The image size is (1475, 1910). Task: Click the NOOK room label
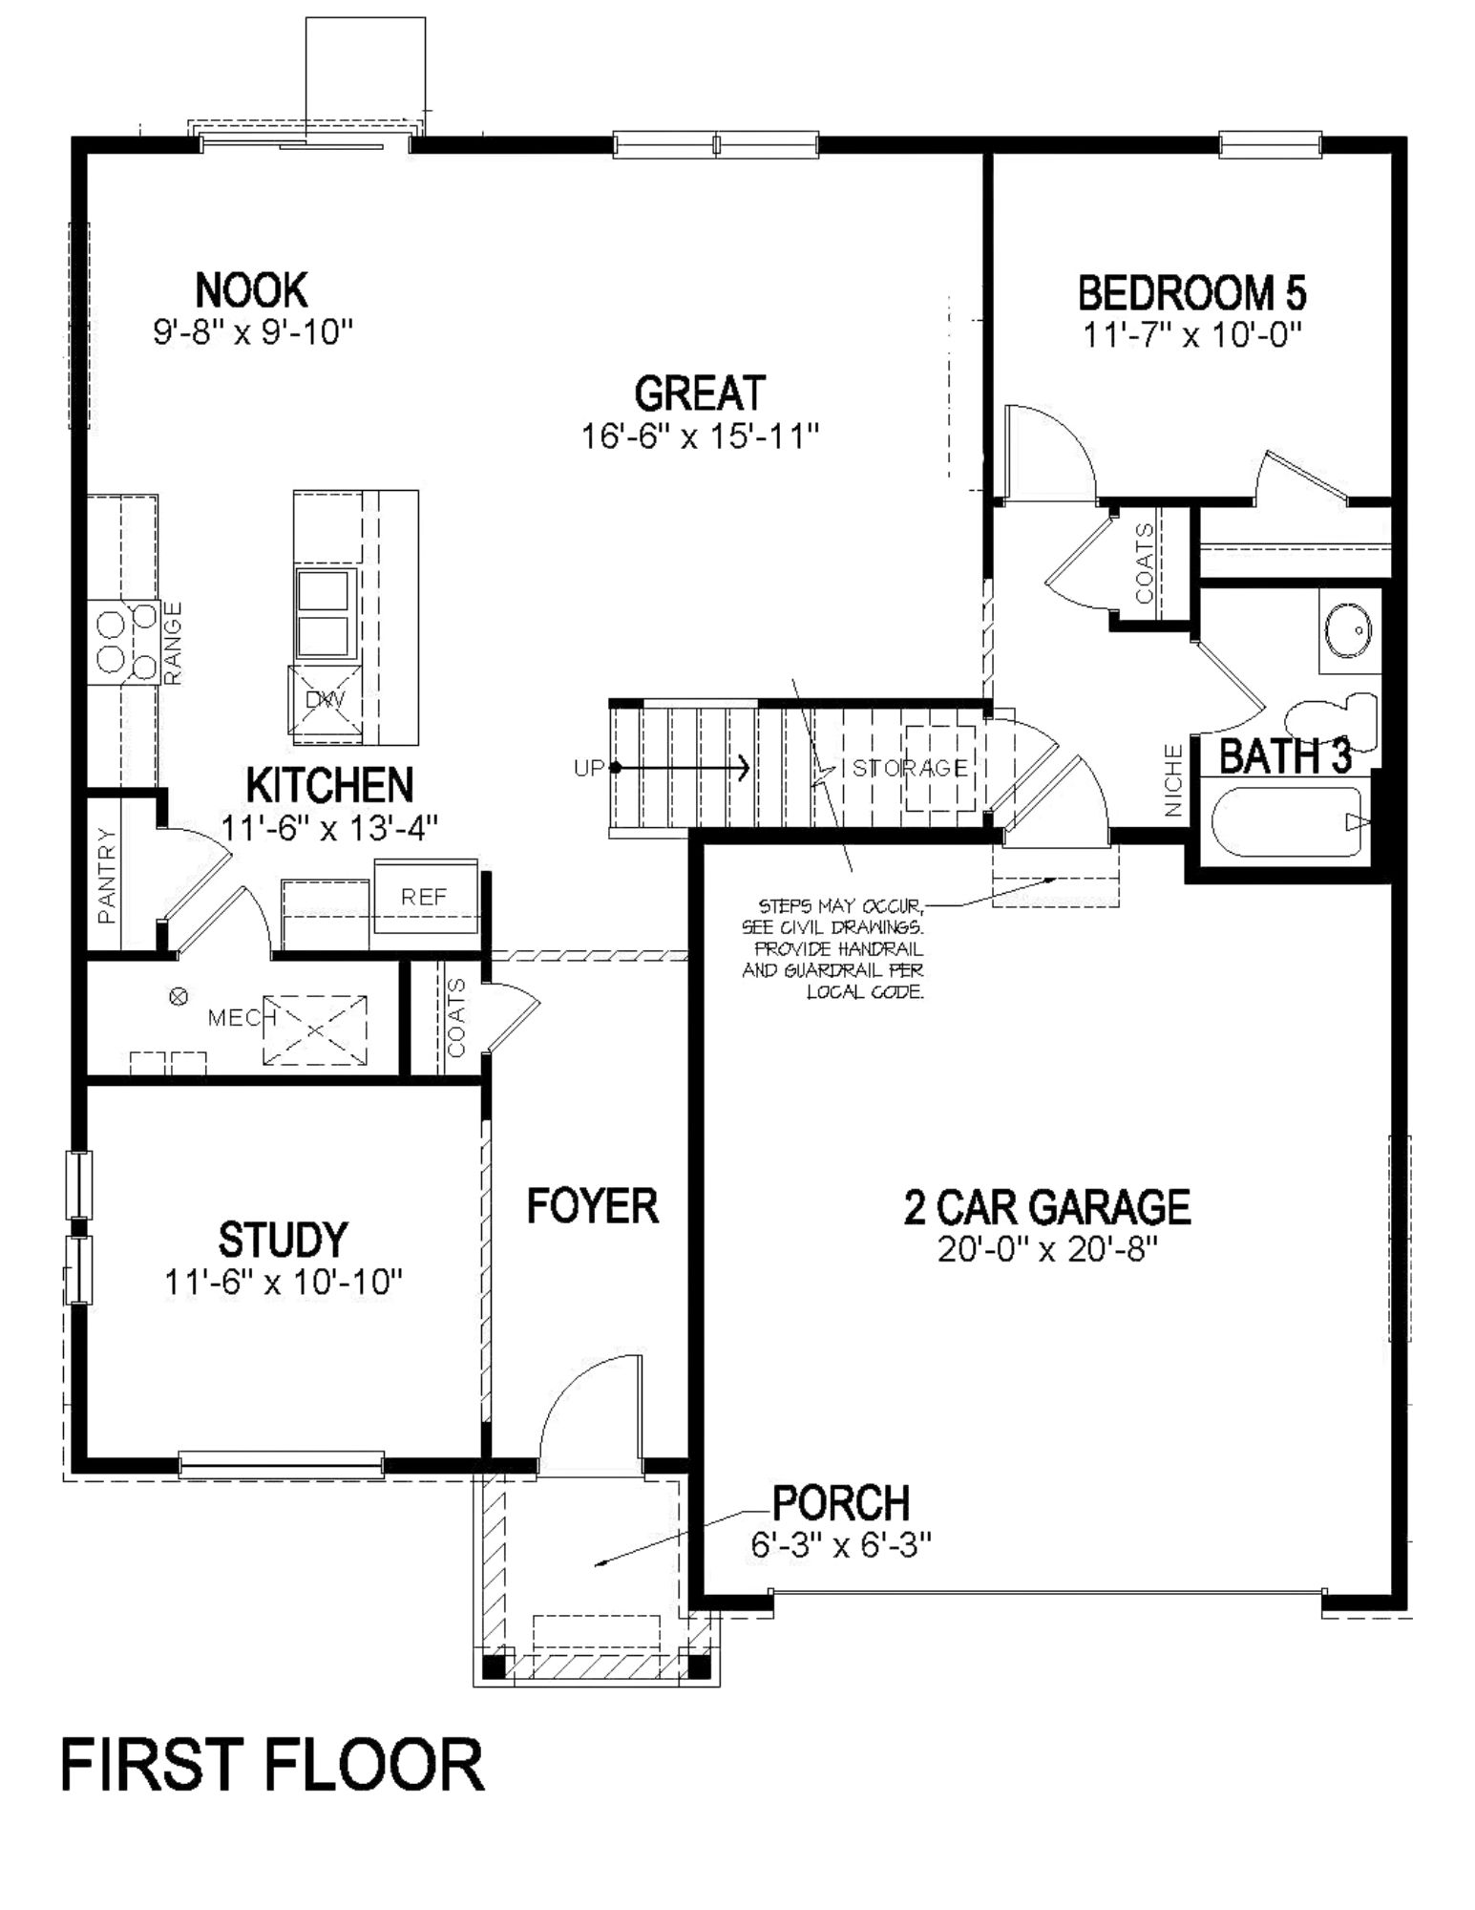click(x=252, y=289)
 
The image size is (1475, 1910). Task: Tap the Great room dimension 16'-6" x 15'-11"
click(x=701, y=436)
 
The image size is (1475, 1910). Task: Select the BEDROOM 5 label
click(x=1191, y=293)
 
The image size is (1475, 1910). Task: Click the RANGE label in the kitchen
click(x=173, y=643)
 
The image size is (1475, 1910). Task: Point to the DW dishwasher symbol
click(x=325, y=701)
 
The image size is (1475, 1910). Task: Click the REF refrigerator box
click(x=424, y=897)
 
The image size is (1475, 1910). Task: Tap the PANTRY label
click(x=107, y=876)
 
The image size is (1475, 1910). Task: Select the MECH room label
click(x=235, y=1018)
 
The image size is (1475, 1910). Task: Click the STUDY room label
click(x=283, y=1240)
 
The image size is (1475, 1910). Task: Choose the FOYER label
click(x=592, y=1206)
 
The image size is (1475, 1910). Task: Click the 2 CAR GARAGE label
click(x=1047, y=1207)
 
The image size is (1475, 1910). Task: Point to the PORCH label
click(x=841, y=1503)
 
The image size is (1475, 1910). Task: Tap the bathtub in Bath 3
click(x=1284, y=821)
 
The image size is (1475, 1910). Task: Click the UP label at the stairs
click(x=588, y=767)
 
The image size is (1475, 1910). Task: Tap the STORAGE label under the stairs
click(x=909, y=768)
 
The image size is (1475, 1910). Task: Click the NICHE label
click(x=1173, y=781)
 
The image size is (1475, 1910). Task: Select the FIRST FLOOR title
click(x=273, y=1765)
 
